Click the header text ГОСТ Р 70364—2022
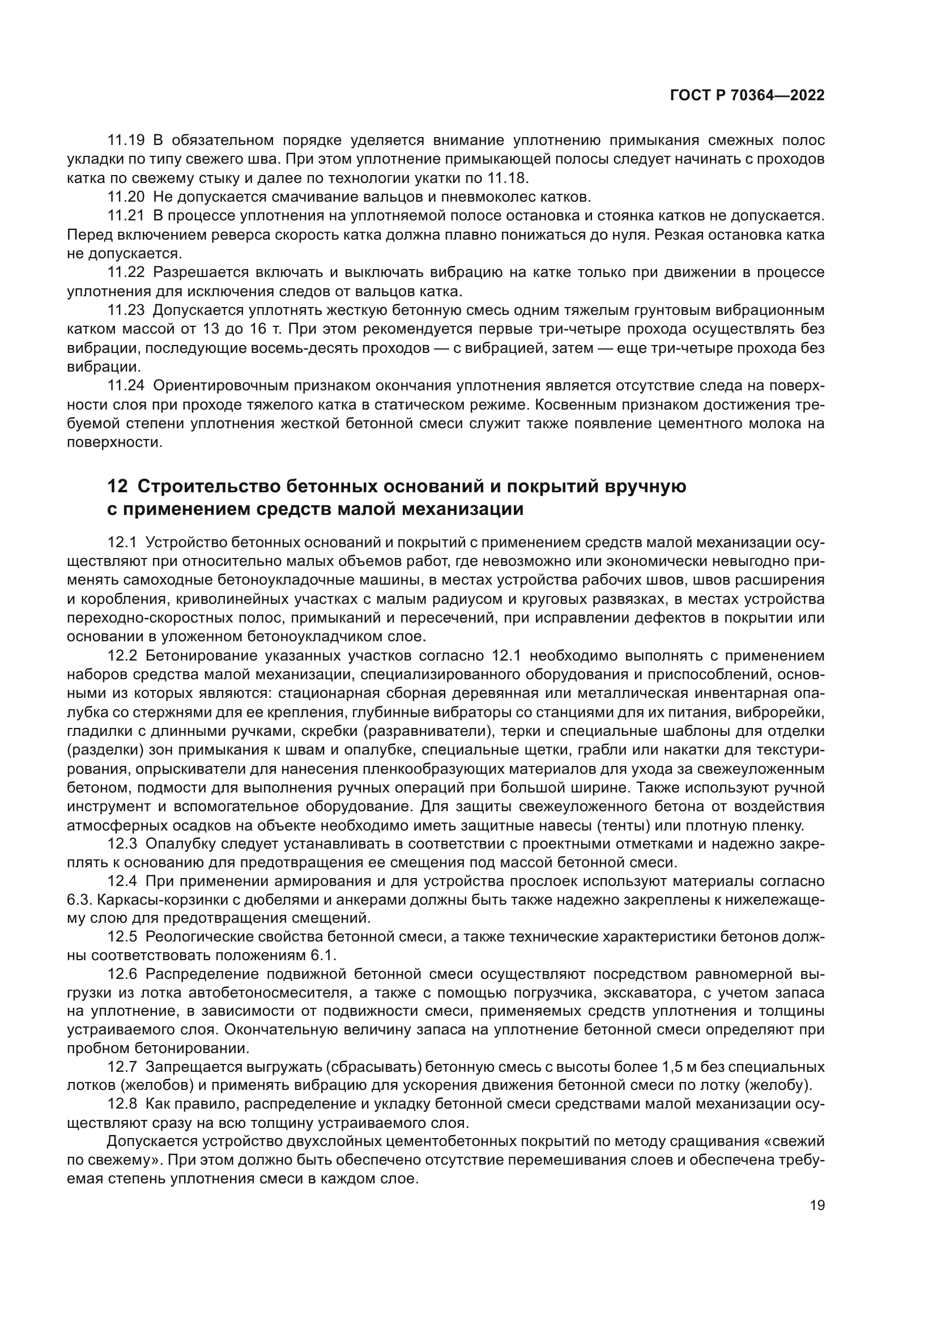747,96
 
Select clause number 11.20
126,197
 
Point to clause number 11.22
126,272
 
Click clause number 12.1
122,543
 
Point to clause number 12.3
122,844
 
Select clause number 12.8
122,1104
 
